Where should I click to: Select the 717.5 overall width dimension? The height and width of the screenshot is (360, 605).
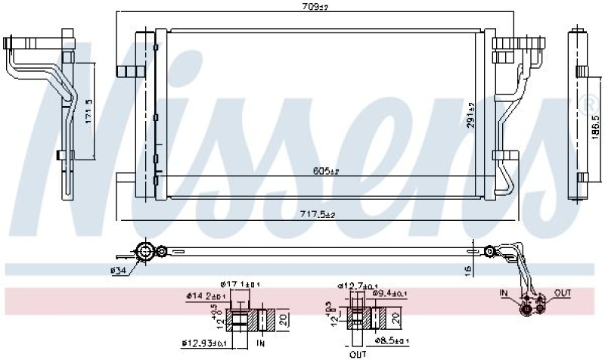(x=319, y=214)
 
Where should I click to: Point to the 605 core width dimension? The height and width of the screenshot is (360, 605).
(x=324, y=171)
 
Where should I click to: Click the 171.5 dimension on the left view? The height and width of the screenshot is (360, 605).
(x=88, y=111)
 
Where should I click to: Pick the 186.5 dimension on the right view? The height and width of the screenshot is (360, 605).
(x=594, y=125)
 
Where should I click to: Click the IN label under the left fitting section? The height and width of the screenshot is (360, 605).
(x=262, y=344)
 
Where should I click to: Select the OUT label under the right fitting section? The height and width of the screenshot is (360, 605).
(x=358, y=353)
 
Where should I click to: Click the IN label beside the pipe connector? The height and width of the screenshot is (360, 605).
(x=504, y=290)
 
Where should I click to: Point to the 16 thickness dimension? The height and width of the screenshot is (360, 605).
(x=470, y=269)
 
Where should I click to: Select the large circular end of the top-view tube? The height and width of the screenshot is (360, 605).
(x=144, y=250)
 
